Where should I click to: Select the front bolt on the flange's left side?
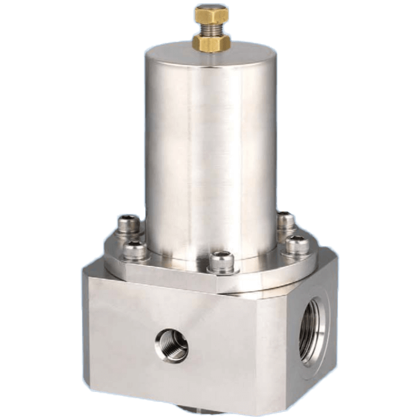point(134,250)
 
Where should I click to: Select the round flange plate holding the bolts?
point(186,266)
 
